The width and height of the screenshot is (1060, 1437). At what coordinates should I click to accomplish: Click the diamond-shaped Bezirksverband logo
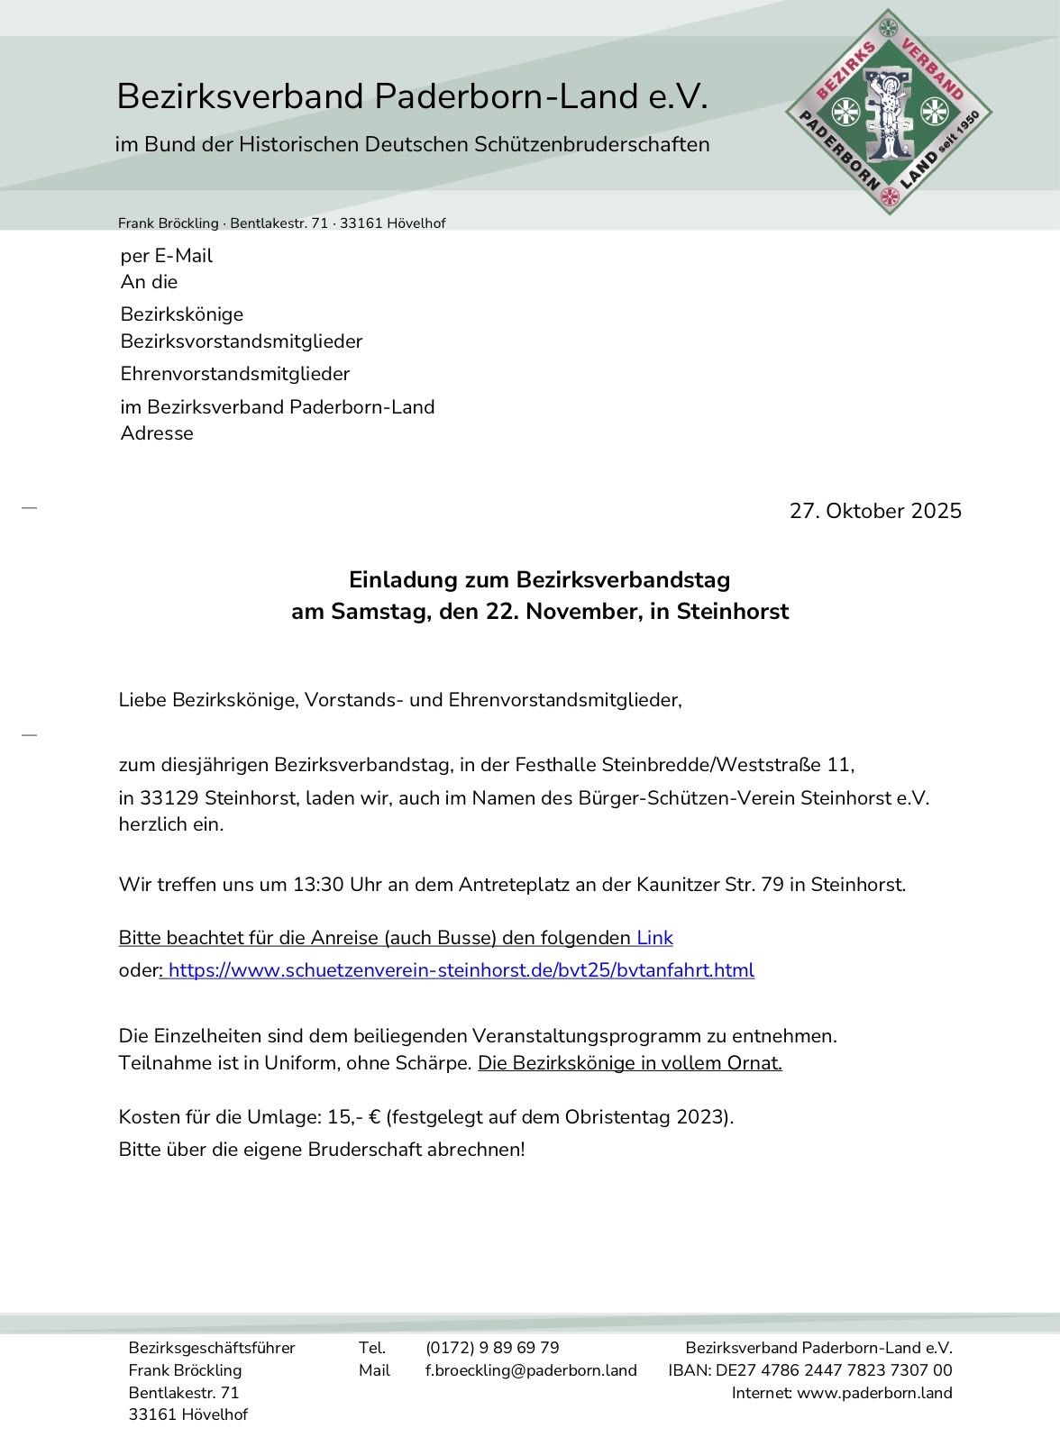tap(889, 113)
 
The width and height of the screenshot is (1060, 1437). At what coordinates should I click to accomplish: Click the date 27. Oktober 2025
tap(875, 511)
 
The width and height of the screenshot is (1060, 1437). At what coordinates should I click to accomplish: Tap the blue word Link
tap(654, 938)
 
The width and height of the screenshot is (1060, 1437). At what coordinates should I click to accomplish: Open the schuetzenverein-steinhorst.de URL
tap(461, 970)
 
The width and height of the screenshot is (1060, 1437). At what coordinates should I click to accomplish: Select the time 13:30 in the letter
tap(318, 885)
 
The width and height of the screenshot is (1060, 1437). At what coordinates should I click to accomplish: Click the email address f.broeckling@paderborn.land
tap(531, 1370)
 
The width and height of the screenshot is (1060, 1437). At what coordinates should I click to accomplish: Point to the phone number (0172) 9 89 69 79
tap(492, 1348)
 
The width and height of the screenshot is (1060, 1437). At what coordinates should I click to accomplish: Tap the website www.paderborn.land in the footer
tap(874, 1393)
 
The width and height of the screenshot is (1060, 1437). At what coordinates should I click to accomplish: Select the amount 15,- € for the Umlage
tap(354, 1117)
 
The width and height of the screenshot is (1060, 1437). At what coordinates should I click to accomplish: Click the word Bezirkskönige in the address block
tap(182, 314)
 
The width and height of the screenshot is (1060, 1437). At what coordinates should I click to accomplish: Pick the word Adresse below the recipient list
tap(157, 433)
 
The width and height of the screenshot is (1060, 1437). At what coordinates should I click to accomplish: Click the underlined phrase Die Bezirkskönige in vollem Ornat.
tap(629, 1063)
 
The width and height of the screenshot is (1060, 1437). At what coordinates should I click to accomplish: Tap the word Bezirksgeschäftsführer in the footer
tap(212, 1348)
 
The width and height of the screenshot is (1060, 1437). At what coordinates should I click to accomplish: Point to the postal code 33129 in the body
tap(169, 798)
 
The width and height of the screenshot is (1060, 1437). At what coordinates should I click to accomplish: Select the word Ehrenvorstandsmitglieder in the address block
tap(235, 374)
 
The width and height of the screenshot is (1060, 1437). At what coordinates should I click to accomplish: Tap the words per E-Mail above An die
tap(167, 256)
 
